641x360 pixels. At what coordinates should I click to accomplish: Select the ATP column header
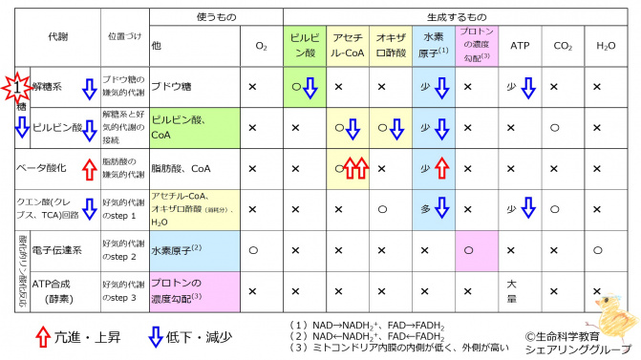pos(520,45)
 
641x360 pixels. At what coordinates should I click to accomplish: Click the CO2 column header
pos(562,45)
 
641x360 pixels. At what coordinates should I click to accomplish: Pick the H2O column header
pos(606,45)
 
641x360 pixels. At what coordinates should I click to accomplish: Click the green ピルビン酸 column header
pos(305,45)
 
